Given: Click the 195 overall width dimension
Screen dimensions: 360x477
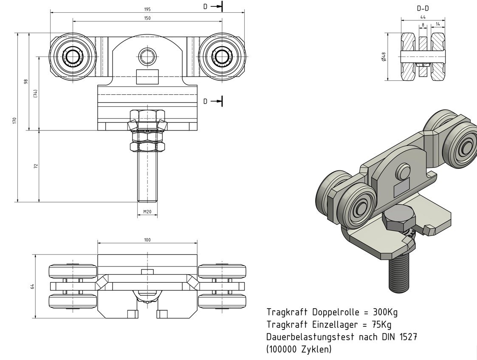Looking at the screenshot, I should (147, 9).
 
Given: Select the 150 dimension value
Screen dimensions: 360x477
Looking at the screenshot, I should (147, 18).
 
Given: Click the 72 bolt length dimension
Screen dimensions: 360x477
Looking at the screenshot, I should (36, 165).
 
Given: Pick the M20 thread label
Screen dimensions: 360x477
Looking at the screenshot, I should (147, 211).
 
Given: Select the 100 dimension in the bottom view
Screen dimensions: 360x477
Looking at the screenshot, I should (147, 240).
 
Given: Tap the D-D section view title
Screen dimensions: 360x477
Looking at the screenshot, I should (423, 8).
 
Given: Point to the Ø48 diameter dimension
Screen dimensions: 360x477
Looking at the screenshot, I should (384, 57).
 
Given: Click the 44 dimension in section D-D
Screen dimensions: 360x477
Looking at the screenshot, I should (423, 17).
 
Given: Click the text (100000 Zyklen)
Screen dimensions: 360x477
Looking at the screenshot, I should (299, 349).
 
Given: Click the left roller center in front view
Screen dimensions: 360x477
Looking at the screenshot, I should (73, 57).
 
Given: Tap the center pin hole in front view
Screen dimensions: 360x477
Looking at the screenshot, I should (147, 56).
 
